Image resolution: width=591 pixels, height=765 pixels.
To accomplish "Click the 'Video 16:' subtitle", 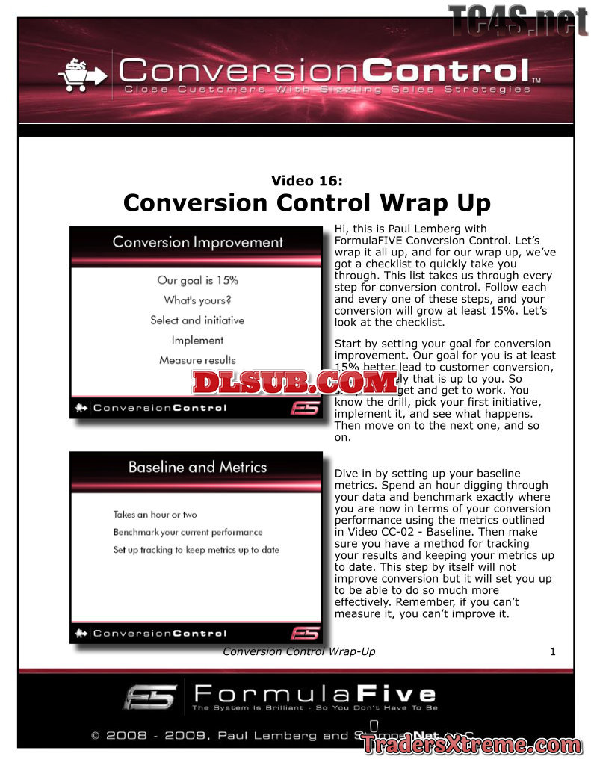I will coord(307,180).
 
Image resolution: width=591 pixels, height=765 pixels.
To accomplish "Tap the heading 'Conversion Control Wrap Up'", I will coord(307,203).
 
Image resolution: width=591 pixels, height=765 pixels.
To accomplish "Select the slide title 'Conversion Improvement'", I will coord(197,242).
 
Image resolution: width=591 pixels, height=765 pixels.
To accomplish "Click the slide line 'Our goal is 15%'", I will coord(197,281).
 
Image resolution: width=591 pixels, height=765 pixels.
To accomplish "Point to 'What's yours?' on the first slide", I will coord(197,300).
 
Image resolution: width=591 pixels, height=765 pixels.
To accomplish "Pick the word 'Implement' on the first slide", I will coord(197,340).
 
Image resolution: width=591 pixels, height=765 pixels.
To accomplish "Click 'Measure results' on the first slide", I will coord(197,360).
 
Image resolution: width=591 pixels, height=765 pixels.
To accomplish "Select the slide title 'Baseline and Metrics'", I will coord(197,468).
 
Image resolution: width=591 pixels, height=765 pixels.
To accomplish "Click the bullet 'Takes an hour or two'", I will coord(155,515).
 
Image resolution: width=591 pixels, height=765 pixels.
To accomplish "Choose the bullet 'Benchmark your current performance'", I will coord(188,533).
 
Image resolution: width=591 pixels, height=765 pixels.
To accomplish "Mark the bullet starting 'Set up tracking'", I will coord(196,551).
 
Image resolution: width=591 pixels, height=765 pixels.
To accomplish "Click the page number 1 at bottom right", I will coord(553,651).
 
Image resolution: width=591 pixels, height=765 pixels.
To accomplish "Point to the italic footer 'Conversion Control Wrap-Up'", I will coord(299,651).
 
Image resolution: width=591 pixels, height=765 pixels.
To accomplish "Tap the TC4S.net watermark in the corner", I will coord(517,20).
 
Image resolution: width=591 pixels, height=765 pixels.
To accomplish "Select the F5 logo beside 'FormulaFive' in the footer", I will coord(150,696).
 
